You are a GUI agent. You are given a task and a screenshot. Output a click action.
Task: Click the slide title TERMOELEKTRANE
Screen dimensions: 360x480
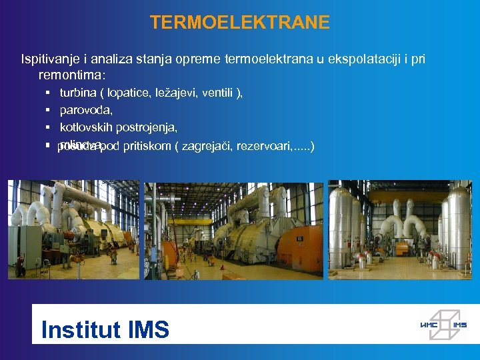tap(239, 23)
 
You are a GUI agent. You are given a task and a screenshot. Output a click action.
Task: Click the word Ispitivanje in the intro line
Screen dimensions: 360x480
tap(49, 59)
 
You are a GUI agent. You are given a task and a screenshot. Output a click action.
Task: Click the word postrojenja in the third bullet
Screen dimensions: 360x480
tap(151, 127)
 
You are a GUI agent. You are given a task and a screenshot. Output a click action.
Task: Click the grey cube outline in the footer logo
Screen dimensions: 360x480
tap(444, 324)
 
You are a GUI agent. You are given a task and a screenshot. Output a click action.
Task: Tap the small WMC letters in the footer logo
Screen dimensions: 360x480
tap(428, 325)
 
